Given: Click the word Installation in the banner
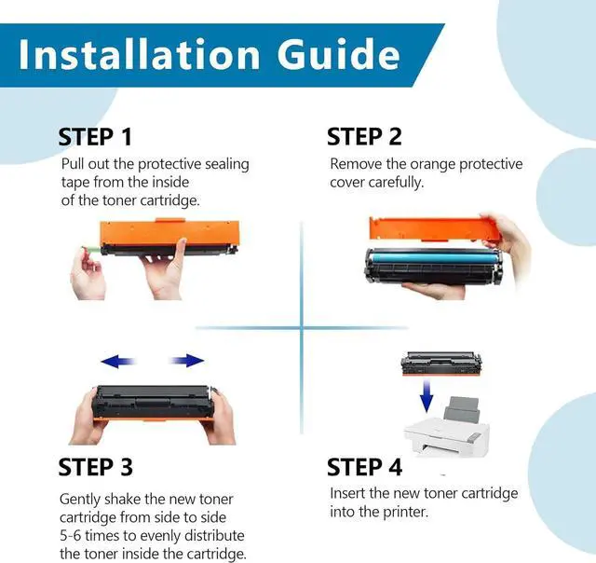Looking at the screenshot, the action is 139,54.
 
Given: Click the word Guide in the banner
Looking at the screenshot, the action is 339,54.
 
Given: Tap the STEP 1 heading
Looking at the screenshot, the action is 95,137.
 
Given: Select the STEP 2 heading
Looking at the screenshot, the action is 364,137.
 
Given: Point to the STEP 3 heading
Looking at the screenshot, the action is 95,467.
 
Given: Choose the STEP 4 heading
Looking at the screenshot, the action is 364,467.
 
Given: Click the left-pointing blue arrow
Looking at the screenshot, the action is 118,361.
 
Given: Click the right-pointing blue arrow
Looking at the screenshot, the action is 186,361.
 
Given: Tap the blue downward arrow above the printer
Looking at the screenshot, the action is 427,396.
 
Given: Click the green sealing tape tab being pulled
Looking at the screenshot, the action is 91,250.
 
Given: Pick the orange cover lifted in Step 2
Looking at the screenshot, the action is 435,228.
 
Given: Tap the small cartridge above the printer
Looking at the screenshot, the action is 441,364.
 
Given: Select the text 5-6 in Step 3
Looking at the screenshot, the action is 71,536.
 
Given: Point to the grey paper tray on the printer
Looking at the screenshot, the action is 462,410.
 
